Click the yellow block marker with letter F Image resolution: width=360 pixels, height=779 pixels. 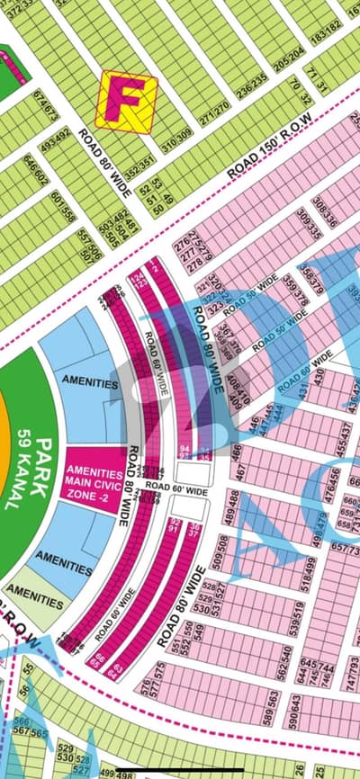127,101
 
